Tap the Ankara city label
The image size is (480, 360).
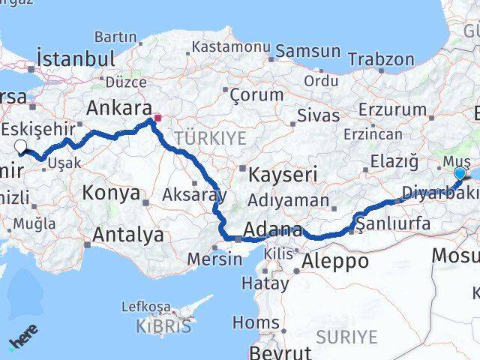point(119,106)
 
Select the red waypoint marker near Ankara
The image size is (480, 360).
point(157,118)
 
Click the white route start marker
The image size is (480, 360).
point(21,147)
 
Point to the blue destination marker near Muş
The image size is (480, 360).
point(460,173)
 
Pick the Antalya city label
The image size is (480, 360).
point(127,235)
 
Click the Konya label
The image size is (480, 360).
point(111,193)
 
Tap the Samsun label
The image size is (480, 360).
point(308,52)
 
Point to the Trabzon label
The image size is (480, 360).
point(381,59)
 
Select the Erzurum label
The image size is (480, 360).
point(392,109)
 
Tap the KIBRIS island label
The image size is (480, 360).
point(163,326)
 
